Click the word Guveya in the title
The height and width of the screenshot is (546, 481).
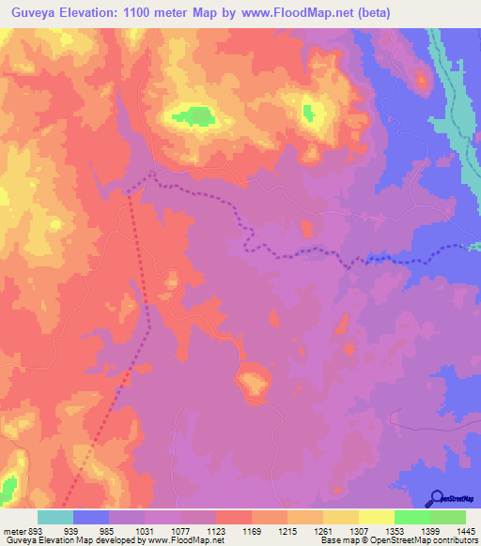point(35,13)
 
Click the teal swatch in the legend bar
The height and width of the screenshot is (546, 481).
point(55,517)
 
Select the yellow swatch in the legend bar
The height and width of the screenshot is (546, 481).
point(376,517)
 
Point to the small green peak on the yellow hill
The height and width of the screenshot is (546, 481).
point(308,113)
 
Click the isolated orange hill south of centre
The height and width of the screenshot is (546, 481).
point(252,382)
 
